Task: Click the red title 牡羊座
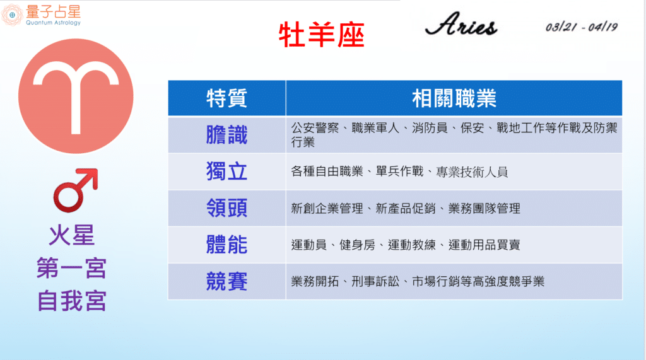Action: tap(321, 35)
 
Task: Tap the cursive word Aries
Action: tap(461, 25)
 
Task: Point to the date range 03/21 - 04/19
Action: tap(581, 27)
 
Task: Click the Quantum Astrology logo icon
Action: tap(12, 15)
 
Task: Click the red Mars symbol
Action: tap(76, 190)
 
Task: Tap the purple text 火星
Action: tap(72, 235)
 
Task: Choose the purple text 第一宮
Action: tap(72, 268)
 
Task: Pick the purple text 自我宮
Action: tap(72, 301)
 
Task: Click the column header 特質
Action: tap(226, 98)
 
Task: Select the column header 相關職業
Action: tap(454, 98)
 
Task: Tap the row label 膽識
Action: tap(226, 135)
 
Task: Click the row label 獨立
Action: tap(226, 171)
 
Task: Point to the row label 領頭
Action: tap(226, 208)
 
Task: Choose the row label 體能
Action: tap(226, 245)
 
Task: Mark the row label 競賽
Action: tap(226, 282)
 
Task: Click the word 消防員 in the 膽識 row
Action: tap(430, 128)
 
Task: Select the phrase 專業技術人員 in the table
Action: tap(472, 171)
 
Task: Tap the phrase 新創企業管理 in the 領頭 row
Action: tap(327, 209)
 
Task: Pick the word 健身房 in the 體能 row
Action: tap(357, 245)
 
